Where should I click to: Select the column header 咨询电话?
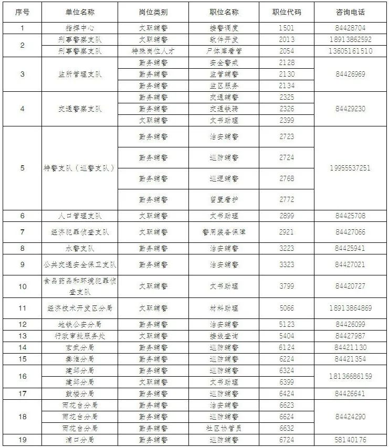click(x=350, y=12)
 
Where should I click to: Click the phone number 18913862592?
click(x=350, y=39)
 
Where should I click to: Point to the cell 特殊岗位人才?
click(x=153, y=51)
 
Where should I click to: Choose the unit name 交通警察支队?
click(x=80, y=109)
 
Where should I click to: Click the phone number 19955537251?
click(x=350, y=168)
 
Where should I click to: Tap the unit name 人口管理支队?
click(x=80, y=216)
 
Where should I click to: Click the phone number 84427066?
click(x=350, y=232)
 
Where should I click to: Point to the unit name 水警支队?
click(x=80, y=248)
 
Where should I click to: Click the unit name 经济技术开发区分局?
click(x=80, y=308)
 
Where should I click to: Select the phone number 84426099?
click(x=350, y=324)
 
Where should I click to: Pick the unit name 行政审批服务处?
click(x=80, y=336)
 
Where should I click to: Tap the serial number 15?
click(x=22, y=359)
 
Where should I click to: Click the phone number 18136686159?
click(x=350, y=376)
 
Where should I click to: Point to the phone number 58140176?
click(x=350, y=440)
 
